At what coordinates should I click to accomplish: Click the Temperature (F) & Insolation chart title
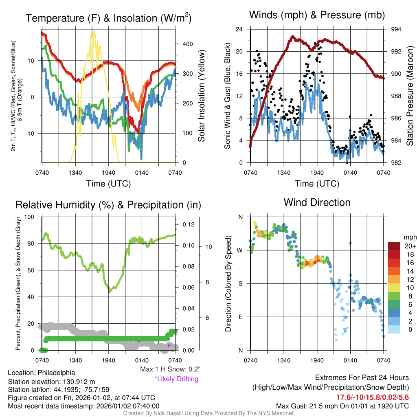coord(108,18)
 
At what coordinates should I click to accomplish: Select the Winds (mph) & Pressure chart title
coord(317,15)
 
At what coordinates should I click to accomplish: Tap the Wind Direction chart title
coord(317,202)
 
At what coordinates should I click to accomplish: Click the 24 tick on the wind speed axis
coord(239,29)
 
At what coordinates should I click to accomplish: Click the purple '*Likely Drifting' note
coord(176,379)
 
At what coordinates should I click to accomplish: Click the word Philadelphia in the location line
coord(55,373)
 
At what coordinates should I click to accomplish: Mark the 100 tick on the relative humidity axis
coord(30,217)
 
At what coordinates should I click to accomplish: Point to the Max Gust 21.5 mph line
coord(342,406)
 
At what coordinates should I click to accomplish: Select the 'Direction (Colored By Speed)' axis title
coord(228,283)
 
